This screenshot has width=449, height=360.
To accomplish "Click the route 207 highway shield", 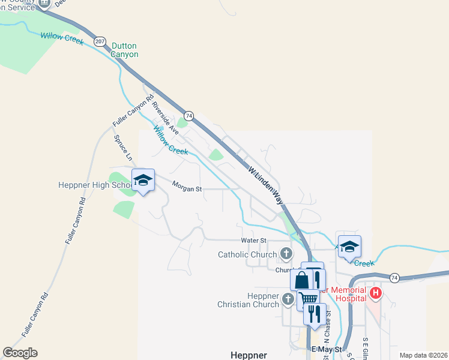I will click(x=99, y=41).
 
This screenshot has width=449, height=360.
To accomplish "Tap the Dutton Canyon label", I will click(x=125, y=50).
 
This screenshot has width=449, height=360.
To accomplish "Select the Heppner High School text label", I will click(x=95, y=185).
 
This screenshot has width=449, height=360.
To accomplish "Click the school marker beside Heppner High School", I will click(x=143, y=179).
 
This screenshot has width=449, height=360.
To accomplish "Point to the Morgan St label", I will click(x=187, y=188).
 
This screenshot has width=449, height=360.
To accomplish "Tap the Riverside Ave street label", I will click(x=165, y=117).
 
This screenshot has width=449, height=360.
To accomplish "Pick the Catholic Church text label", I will click(x=247, y=254).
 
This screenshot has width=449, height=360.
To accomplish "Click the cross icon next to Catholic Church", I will click(x=286, y=254).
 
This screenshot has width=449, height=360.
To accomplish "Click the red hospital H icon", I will click(x=376, y=293).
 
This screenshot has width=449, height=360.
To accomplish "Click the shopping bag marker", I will click(x=301, y=280).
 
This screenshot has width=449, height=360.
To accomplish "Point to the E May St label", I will click(x=327, y=349).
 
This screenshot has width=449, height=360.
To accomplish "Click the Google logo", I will click(x=20, y=353).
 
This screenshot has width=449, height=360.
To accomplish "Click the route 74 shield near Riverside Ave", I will click(x=189, y=115).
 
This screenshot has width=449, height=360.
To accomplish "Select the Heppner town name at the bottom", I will click(x=249, y=354).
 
